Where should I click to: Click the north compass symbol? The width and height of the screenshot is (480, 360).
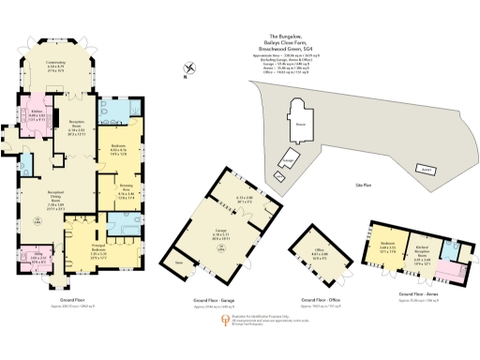(191, 68)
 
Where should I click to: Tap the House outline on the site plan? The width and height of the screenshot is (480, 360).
(300, 123)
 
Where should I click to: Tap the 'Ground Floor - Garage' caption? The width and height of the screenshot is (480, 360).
(216, 300)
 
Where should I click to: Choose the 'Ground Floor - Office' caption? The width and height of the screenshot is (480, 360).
(321, 300)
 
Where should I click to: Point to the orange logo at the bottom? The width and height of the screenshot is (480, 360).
(222, 321)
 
